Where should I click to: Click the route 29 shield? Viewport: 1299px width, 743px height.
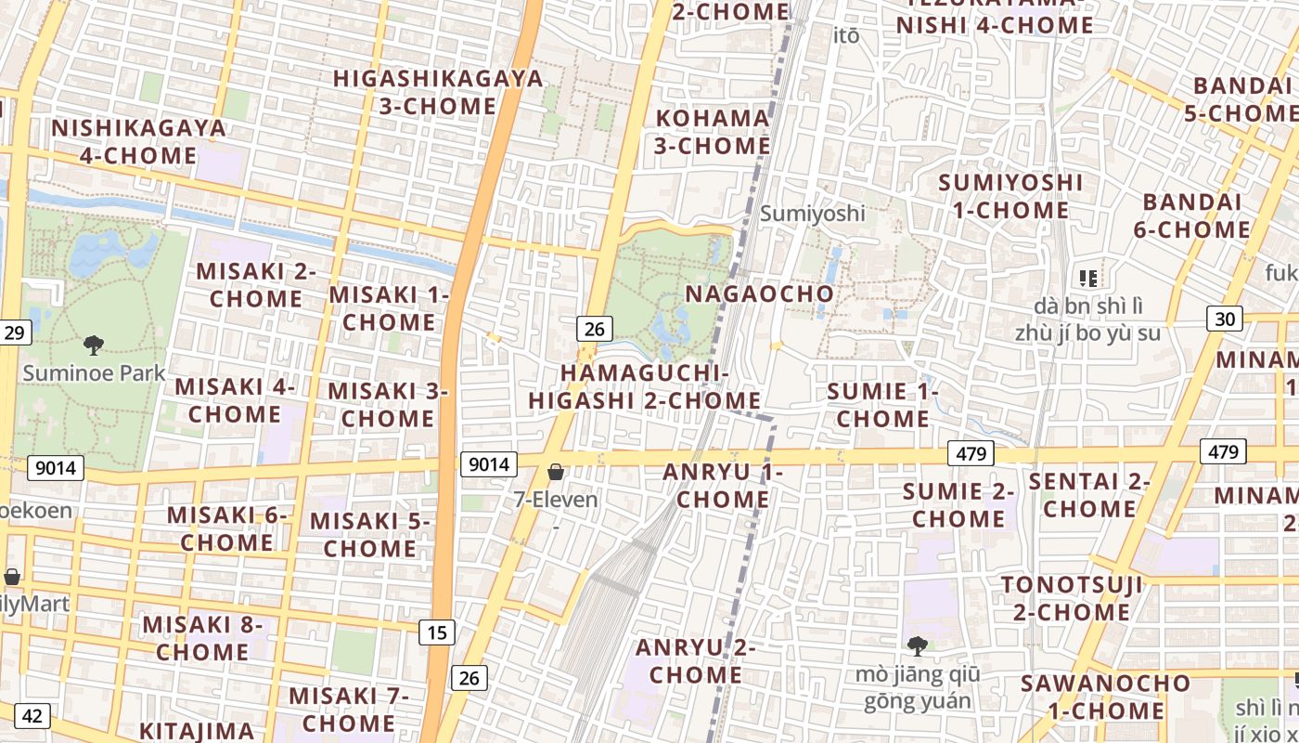(x=14, y=332)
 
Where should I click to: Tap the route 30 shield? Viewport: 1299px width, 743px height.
(x=1225, y=319)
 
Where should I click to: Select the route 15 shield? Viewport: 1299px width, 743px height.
(x=437, y=632)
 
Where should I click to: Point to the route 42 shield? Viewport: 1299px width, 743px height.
(x=32, y=715)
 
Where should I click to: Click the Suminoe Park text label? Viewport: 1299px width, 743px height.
(x=94, y=373)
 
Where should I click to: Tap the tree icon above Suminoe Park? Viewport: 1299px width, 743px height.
(x=93, y=345)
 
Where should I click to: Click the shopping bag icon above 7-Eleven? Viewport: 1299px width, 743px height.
(x=556, y=473)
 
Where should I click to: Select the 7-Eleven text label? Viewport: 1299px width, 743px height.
(x=556, y=500)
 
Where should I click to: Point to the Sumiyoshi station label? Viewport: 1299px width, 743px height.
(x=812, y=214)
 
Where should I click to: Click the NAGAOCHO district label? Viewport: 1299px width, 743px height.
(x=759, y=294)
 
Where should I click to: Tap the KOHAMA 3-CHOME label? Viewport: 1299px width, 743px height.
(x=713, y=132)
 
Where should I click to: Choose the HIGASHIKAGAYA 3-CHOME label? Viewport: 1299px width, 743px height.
(x=438, y=92)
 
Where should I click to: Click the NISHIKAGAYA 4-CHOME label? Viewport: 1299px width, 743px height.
(x=138, y=141)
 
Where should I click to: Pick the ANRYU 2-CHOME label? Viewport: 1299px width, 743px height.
(x=695, y=660)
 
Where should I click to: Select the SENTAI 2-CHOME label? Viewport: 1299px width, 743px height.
(x=1088, y=495)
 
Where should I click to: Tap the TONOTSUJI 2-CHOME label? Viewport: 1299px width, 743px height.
(x=1072, y=598)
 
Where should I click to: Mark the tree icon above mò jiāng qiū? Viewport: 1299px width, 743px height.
(x=917, y=645)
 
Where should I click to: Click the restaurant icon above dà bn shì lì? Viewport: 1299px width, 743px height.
(x=1088, y=278)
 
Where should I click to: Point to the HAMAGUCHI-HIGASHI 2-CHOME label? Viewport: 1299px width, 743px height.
(x=645, y=386)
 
